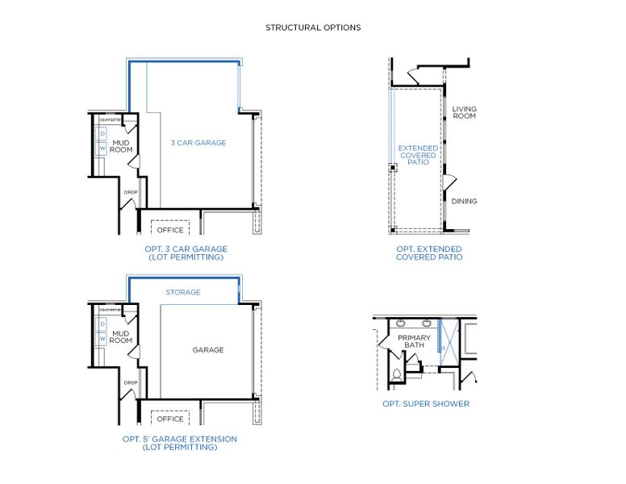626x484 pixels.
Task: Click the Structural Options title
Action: click(313, 27)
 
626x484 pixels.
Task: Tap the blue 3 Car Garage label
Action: click(198, 143)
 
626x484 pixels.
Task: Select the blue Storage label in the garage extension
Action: click(183, 292)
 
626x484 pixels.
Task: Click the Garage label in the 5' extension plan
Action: click(207, 350)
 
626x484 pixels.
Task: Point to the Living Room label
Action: click(464, 112)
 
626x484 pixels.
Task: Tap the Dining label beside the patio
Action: click(464, 201)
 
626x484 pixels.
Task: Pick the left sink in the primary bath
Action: click(403, 324)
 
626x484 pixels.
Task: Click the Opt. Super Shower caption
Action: click(425, 403)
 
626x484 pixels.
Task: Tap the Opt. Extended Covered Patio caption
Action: click(428, 252)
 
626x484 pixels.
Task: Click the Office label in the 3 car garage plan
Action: click(170, 230)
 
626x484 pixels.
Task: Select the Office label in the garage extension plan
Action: click(170, 419)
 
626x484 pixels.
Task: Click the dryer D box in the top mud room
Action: click(102, 133)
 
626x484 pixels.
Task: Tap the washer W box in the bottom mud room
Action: click(102, 338)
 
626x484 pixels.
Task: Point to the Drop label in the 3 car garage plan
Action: click(131, 192)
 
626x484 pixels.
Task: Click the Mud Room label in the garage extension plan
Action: click(121, 336)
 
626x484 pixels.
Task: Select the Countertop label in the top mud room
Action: click(110, 119)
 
